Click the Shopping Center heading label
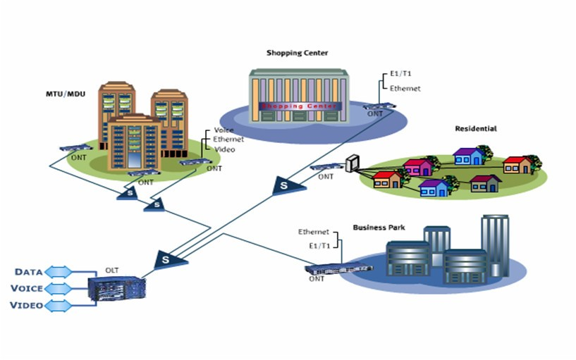coord(297,53)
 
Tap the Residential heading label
coord(476,129)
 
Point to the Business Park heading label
coord(379,228)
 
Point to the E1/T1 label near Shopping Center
coord(400,73)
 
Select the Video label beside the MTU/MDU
coord(224,149)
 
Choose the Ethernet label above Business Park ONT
coord(314,232)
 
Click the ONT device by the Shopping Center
coord(379,106)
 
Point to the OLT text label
coord(112,270)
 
